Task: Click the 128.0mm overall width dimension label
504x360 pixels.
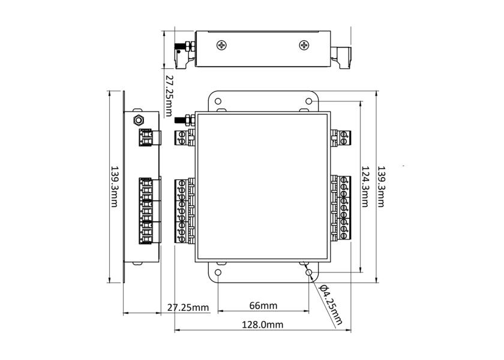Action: (x=263, y=325)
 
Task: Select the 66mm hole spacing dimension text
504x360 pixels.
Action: (x=263, y=305)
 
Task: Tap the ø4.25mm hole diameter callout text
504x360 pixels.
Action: (x=329, y=304)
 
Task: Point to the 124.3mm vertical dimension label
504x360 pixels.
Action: (x=364, y=185)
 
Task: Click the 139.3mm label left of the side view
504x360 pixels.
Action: (x=113, y=187)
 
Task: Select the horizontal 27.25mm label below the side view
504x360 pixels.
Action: (x=188, y=308)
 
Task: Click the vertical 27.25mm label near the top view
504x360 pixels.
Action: (x=169, y=96)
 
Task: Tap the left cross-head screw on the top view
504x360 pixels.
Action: (x=223, y=45)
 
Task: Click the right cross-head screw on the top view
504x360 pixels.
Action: (x=305, y=45)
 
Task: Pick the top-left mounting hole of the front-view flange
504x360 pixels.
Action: (x=218, y=101)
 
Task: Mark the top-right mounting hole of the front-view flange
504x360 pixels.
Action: (x=309, y=101)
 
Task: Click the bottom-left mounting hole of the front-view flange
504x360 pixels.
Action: (x=218, y=272)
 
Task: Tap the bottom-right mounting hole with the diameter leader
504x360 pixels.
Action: (x=309, y=272)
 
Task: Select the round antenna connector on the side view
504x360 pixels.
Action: (x=138, y=119)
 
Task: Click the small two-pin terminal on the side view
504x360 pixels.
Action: (x=146, y=137)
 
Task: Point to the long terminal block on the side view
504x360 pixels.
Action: (x=146, y=211)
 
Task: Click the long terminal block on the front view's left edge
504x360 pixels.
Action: (x=183, y=211)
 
